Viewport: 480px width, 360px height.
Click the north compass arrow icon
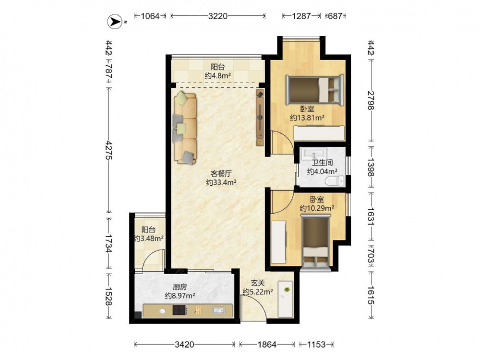(115, 22)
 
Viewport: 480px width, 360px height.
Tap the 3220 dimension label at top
(217, 16)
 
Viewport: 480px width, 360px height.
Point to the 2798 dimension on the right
(371, 100)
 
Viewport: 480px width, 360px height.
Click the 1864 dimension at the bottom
(267, 345)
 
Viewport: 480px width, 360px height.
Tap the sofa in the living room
(185, 128)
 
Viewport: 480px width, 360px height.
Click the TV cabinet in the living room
(260, 118)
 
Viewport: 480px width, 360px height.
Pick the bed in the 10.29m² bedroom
(316, 243)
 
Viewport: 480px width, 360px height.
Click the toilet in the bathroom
(335, 181)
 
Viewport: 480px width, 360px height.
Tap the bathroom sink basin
(314, 154)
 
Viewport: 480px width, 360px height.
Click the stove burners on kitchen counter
(180, 311)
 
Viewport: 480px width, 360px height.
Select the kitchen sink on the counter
(218, 311)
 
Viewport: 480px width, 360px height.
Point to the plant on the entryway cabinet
(287, 289)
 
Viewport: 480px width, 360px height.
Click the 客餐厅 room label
(221, 174)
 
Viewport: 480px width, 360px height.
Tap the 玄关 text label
(258, 284)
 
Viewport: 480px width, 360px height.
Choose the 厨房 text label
(180, 287)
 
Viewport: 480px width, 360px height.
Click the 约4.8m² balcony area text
(217, 76)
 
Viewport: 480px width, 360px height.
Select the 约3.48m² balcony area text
(149, 238)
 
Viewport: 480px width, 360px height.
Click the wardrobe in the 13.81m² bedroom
(319, 133)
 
